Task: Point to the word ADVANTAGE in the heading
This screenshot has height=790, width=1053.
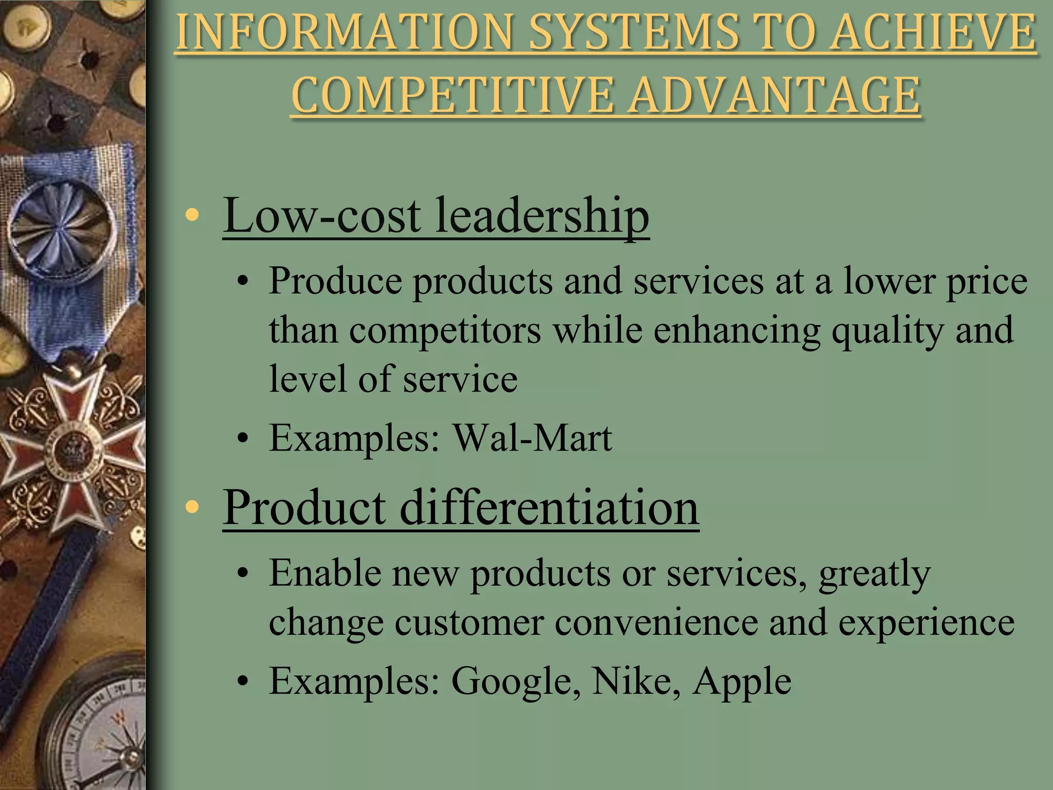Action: click(x=775, y=96)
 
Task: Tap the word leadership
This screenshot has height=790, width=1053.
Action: click(x=542, y=215)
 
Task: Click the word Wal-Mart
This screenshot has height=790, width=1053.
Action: click(x=532, y=438)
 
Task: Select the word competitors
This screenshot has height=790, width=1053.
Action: click(x=445, y=330)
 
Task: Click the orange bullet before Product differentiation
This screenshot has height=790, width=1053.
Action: click(x=192, y=507)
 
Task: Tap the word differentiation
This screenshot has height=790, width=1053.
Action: click(x=549, y=507)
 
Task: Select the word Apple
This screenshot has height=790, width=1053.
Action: click(x=741, y=681)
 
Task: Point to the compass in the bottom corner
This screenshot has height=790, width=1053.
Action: click(x=98, y=730)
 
